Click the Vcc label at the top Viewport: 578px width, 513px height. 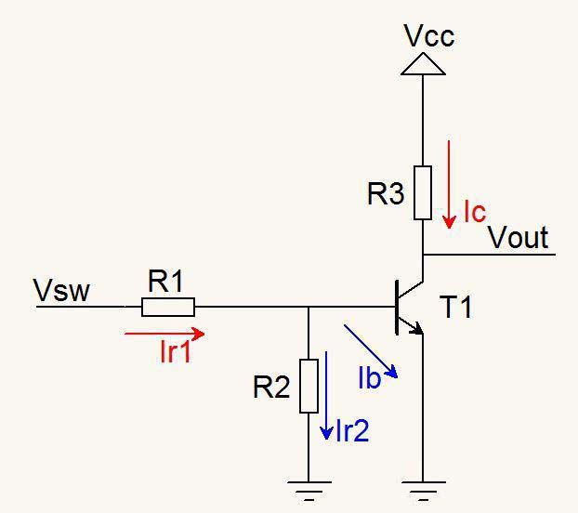click(x=428, y=36)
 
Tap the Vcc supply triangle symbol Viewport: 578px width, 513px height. click(x=423, y=63)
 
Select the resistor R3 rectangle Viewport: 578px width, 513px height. click(x=423, y=192)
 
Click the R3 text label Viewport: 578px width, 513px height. click(x=387, y=194)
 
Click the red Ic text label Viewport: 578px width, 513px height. click(x=474, y=213)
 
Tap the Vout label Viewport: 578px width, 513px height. click(x=519, y=238)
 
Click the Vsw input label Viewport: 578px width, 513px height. click(x=61, y=291)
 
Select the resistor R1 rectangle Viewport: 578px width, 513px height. click(x=168, y=307)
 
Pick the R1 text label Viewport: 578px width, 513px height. click(x=166, y=282)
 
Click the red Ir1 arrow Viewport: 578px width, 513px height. click(x=164, y=332)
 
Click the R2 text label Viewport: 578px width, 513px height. click(x=272, y=388)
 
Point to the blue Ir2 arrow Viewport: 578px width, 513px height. click(x=327, y=396)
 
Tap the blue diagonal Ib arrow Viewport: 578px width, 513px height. click(x=371, y=350)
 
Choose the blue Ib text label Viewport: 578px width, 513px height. click(x=370, y=377)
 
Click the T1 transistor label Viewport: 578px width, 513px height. click(x=455, y=307)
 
